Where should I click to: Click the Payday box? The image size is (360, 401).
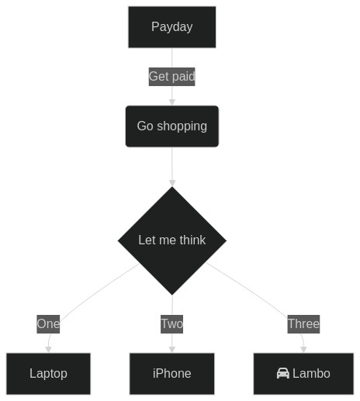click(172, 27)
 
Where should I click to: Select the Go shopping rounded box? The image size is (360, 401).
click(172, 126)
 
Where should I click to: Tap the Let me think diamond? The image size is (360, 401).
click(172, 240)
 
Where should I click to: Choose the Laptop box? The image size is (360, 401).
click(48, 374)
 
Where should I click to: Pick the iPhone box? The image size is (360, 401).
click(172, 374)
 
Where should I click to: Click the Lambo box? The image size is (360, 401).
click(303, 374)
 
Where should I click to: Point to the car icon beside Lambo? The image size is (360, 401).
click(283, 373)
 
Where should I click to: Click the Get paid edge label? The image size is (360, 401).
click(171, 77)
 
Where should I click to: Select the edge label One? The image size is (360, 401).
click(48, 324)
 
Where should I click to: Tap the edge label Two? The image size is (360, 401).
click(171, 324)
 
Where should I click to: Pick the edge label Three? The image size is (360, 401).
click(303, 324)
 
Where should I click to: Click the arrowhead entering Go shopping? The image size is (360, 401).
click(172, 102)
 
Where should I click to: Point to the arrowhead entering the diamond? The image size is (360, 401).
click(172, 183)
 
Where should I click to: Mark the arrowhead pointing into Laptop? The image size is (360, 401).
click(48, 350)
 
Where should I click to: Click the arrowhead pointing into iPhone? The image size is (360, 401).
click(172, 350)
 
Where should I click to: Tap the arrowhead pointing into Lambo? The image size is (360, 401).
click(303, 350)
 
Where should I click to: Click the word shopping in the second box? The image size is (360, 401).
click(182, 126)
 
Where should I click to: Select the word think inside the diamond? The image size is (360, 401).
click(192, 240)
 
